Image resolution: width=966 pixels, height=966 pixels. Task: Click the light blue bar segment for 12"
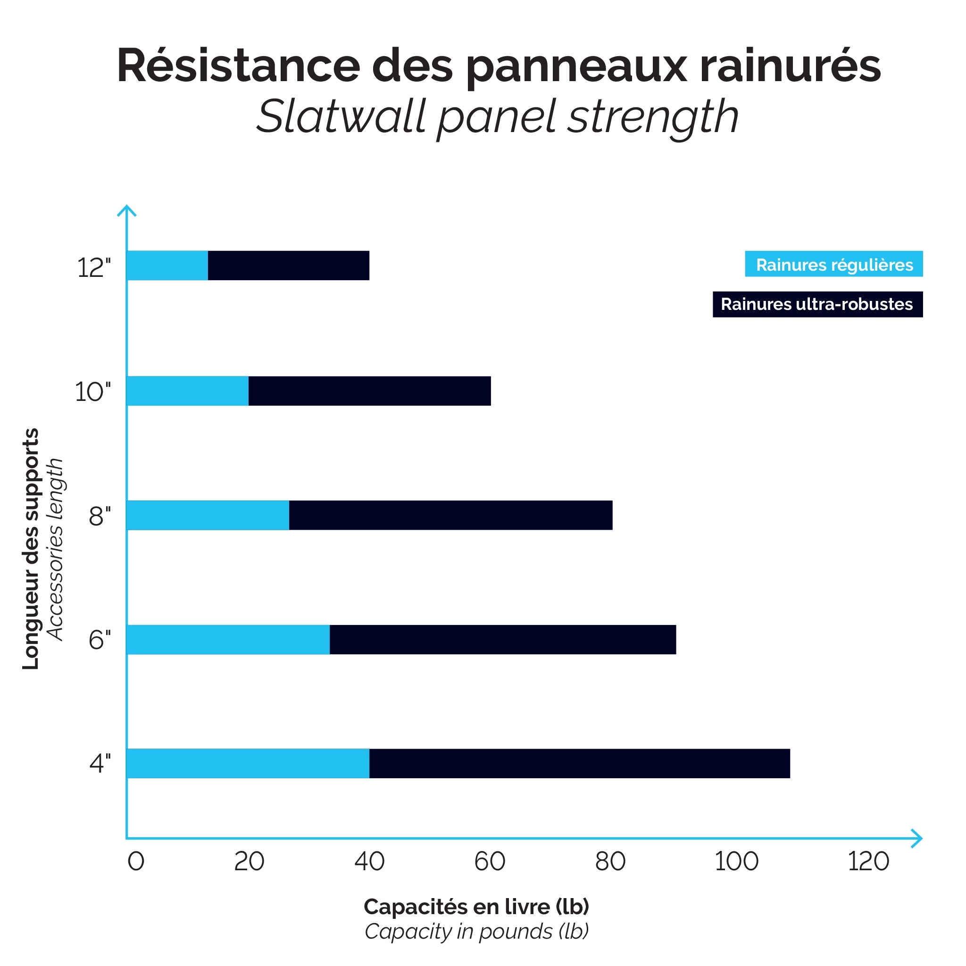[167, 266]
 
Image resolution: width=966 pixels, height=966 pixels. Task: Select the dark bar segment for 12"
[289, 266]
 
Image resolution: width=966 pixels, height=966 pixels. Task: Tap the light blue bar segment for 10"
[188, 391]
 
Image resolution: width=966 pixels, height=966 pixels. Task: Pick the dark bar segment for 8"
[450, 515]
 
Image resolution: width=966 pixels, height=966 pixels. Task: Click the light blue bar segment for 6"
[228, 640]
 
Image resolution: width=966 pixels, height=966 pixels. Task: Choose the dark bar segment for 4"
[580, 764]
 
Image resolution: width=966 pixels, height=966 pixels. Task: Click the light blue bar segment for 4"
[248, 764]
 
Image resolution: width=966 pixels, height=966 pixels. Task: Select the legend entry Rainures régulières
[833, 264]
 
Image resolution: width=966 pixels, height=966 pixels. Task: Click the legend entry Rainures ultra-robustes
[817, 304]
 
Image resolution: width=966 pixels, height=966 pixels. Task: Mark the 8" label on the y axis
[100, 516]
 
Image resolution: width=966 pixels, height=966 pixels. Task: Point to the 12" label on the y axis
[93, 267]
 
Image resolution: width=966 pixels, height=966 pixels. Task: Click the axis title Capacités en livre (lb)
[476, 907]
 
